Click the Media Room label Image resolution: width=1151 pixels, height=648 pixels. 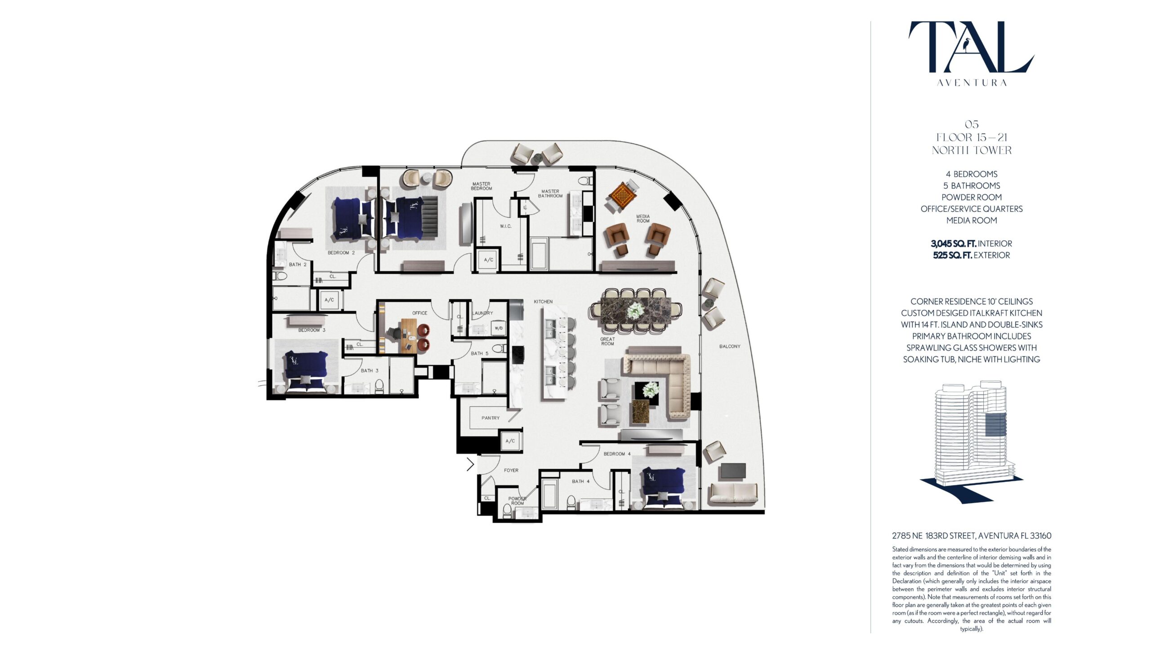click(x=643, y=219)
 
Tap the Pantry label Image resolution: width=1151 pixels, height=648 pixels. click(x=491, y=418)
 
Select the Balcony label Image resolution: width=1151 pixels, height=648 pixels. click(x=730, y=346)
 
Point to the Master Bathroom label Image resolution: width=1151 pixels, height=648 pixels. click(x=550, y=193)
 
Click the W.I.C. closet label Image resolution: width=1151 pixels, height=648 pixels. click(x=506, y=226)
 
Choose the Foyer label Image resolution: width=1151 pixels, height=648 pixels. click(x=511, y=470)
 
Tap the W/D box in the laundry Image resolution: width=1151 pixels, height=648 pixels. click(x=499, y=328)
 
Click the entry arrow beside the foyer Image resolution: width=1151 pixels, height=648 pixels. click(x=470, y=464)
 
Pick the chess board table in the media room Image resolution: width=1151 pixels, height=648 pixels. click(x=622, y=195)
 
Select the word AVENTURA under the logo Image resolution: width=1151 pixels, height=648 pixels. click(x=972, y=83)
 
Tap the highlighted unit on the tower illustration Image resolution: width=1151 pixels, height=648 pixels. click(x=995, y=424)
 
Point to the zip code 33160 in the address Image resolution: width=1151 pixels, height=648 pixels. click(x=1039, y=536)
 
